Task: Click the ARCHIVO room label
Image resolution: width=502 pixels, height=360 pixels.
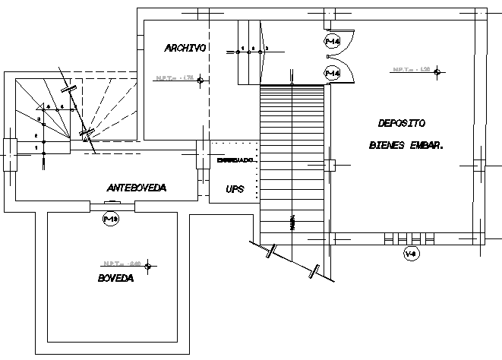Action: pyautogui.click(x=185, y=48)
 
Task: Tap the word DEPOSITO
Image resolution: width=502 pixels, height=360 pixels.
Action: pyautogui.click(x=402, y=123)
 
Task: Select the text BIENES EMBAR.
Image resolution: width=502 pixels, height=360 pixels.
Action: pyautogui.click(x=406, y=144)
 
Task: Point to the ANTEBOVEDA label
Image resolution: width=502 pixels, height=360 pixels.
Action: pyautogui.click(x=137, y=188)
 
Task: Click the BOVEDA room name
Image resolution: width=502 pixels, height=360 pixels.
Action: pyautogui.click(x=115, y=279)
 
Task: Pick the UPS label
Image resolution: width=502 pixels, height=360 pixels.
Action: pyautogui.click(x=235, y=189)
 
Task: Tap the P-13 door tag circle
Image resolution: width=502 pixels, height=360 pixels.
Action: pyautogui.click(x=111, y=219)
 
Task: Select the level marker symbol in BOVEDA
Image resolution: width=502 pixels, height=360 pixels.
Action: pyautogui.click(x=149, y=266)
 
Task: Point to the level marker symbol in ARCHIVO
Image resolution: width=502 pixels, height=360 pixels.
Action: pyautogui.click(x=199, y=80)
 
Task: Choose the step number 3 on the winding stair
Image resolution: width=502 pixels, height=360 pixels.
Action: pyautogui.click(x=39, y=120)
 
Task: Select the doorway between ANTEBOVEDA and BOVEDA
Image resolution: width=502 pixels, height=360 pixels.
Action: pyautogui.click(x=112, y=205)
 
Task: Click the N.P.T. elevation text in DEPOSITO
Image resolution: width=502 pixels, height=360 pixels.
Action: pyautogui.click(x=411, y=70)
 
